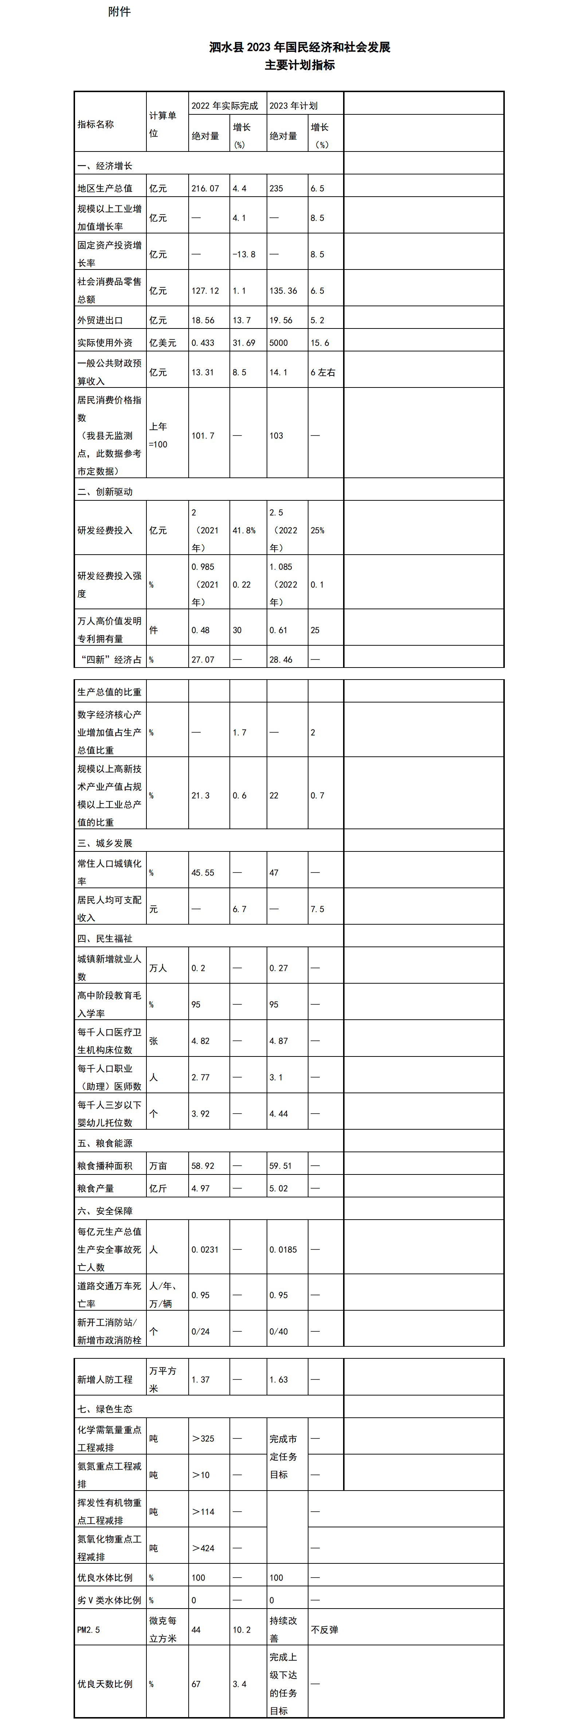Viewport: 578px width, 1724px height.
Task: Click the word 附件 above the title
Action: point(119,11)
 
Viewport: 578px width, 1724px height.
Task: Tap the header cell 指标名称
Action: point(96,125)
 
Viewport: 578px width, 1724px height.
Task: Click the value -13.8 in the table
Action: point(244,254)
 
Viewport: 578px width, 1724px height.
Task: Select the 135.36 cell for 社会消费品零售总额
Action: point(283,291)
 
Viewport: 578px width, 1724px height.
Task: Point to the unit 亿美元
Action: point(162,343)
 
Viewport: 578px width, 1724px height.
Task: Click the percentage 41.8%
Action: point(244,530)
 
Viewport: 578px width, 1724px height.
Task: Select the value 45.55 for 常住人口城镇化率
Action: point(203,873)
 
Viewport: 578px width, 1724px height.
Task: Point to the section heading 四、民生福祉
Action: point(105,938)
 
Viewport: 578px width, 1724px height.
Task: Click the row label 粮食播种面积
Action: point(105,1166)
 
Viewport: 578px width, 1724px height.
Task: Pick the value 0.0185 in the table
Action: point(283,1249)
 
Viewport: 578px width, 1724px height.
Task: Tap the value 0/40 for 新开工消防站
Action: point(279,1331)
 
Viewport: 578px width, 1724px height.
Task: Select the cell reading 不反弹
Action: point(325,1630)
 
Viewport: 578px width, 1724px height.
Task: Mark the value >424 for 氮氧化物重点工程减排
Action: point(203,1548)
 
